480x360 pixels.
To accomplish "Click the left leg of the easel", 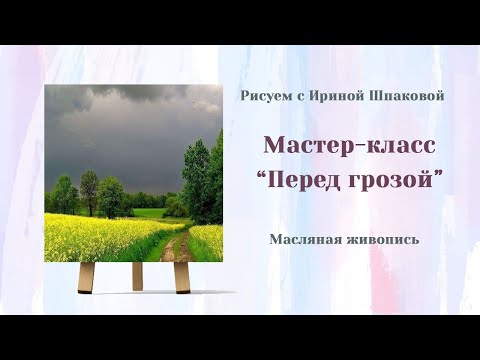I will (x=88, y=277).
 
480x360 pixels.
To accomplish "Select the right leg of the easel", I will (x=182, y=277).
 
